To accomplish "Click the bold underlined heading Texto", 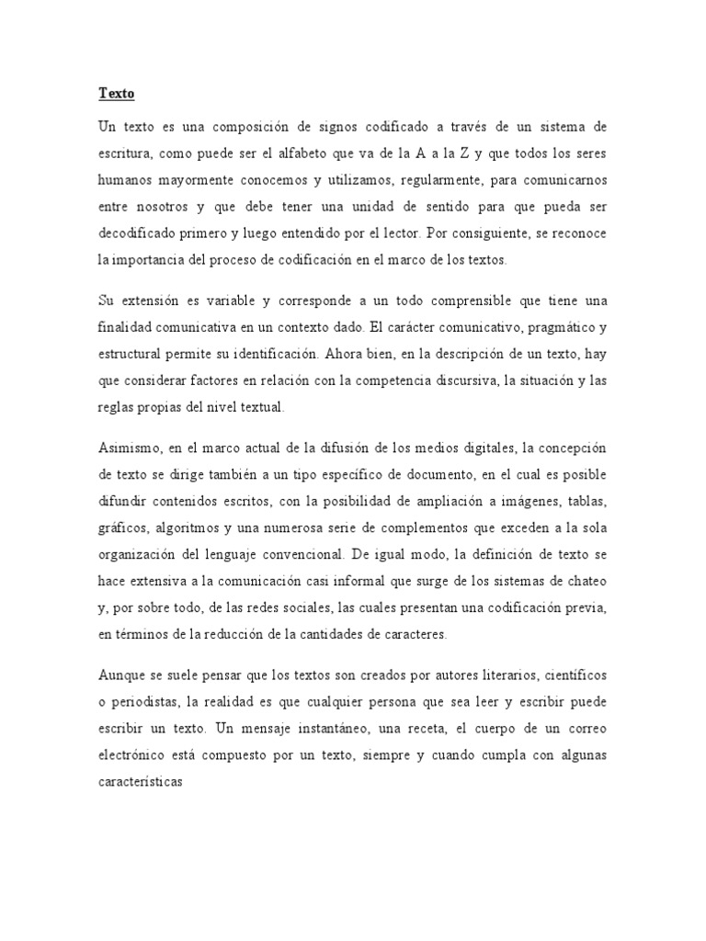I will point(116,94).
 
